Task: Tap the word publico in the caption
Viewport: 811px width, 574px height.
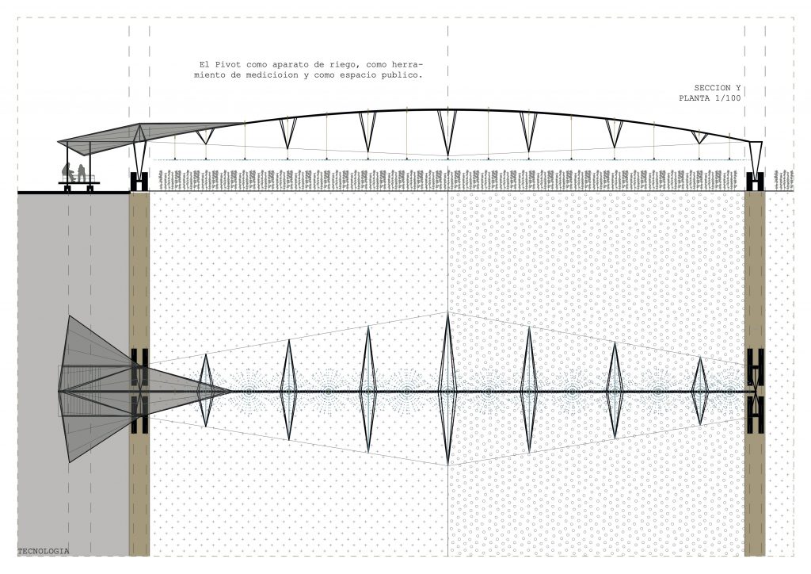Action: (404, 75)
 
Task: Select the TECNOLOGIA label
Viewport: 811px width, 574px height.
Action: (43, 550)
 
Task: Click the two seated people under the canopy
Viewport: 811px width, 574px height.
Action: (74, 172)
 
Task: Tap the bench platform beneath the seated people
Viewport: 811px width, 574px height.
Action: (78, 183)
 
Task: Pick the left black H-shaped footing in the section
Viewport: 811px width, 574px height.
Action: (139, 181)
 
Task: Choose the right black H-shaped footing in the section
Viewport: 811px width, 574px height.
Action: (755, 181)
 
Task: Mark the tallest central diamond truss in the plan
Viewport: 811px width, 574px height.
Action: (447, 388)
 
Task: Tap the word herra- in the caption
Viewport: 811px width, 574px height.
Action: (409, 63)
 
